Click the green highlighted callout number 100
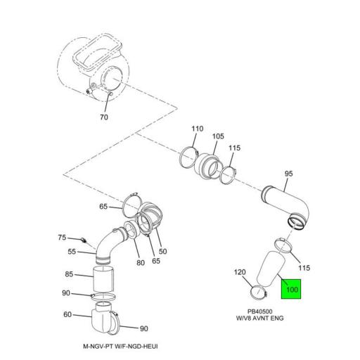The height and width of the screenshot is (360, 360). (292, 290)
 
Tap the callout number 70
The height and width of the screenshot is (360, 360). (104, 117)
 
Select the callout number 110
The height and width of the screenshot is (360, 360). (198, 129)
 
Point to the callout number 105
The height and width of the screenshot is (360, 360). (218, 136)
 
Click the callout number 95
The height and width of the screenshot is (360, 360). (289, 174)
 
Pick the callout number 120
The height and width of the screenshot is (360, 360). (240, 272)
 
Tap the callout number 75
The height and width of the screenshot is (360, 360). (62, 238)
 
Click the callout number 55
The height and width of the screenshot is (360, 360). (72, 252)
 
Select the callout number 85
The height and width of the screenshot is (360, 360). (69, 274)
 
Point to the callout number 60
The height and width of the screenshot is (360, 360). (67, 314)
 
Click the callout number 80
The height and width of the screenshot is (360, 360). (141, 263)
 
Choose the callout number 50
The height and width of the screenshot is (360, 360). (162, 251)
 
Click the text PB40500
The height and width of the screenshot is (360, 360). (260, 311)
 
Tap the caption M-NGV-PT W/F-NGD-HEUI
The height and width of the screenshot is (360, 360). (120, 346)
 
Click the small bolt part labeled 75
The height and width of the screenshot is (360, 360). (84, 240)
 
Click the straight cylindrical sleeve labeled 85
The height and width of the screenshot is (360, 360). (103, 279)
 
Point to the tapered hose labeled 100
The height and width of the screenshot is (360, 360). (271, 269)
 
